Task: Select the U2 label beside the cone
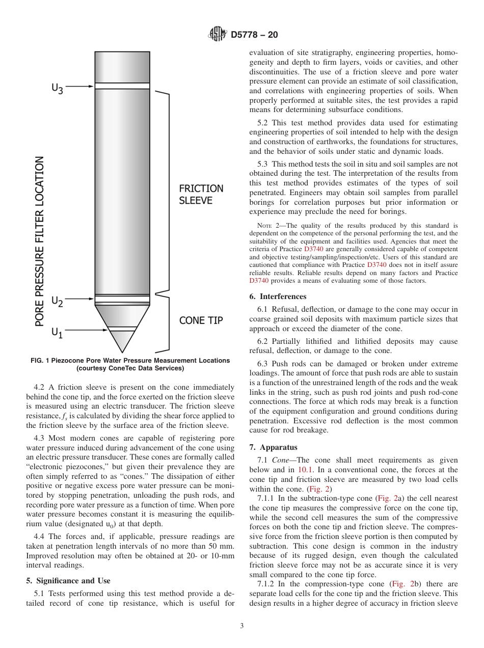57,302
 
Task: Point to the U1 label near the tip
57,333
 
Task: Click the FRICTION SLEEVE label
201,194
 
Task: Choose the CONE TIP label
201,320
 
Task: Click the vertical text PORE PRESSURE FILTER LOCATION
40,241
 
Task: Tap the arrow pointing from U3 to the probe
80,87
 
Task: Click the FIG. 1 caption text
130,364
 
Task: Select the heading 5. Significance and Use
68,580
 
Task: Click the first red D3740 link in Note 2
313,249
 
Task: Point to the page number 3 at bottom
241,626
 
